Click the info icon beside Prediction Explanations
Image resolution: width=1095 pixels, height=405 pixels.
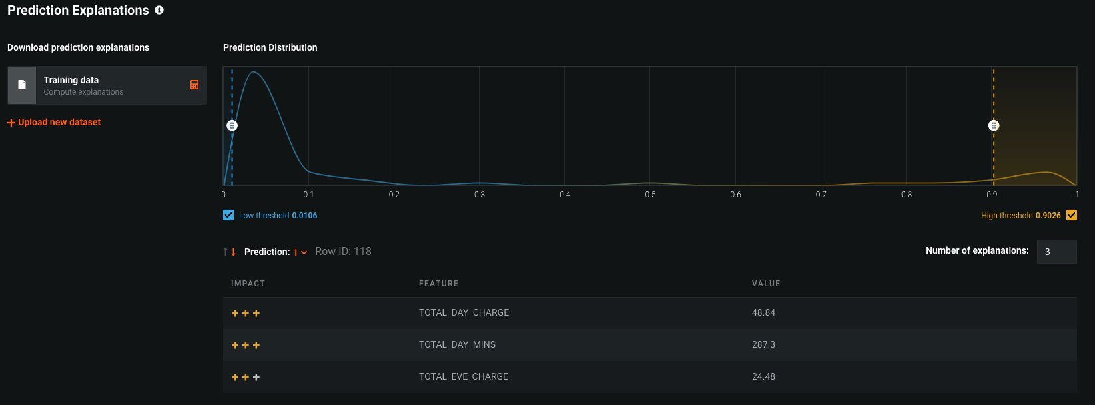tap(159, 10)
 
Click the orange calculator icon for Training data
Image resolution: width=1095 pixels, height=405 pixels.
tap(194, 85)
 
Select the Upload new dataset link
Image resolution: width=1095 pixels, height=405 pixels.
tap(54, 123)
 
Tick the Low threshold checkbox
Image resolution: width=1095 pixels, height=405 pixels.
tap(228, 215)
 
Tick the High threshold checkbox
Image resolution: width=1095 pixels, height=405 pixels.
tap(1072, 215)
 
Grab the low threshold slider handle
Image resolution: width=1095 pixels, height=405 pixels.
tap(232, 126)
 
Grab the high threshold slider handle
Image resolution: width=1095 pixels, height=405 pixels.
tap(994, 126)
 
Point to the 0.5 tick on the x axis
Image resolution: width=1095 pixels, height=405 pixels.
tap(650, 195)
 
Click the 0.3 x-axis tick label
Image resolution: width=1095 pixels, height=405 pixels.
tap(480, 195)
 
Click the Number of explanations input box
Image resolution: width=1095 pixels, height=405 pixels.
tap(1057, 252)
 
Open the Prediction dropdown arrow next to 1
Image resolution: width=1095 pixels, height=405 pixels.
tap(304, 252)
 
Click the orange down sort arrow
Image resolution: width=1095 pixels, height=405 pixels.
tap(234, 252)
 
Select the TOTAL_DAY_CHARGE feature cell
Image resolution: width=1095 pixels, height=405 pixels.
tap(464, 312)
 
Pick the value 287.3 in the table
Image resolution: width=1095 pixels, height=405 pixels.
tap(763, 344)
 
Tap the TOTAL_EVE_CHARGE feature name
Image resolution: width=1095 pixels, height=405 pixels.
tap(464, 376)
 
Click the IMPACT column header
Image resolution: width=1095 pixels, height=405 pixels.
tap(248, 284)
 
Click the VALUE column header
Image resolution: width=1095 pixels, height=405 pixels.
tap(766, 284)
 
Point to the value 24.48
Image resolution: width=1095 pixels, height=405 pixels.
tap(763, 376)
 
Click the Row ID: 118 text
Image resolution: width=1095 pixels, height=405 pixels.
tap(343, 251)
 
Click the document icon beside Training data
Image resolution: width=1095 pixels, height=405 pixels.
tap(22, 85)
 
